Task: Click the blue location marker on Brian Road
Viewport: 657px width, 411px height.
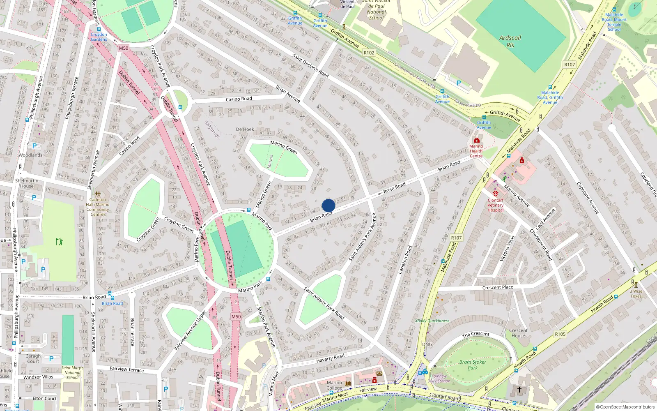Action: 328,205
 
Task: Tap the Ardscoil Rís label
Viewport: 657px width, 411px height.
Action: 510,42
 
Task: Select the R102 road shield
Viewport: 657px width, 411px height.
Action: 369,53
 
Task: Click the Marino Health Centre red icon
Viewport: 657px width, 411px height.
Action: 476,140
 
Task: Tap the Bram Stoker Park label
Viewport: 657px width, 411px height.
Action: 473,365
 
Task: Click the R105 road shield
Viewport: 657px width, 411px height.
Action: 560,334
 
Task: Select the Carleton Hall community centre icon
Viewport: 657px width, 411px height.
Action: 98,194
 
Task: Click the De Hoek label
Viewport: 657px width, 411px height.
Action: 245,129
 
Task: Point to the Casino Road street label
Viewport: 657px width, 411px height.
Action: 239,99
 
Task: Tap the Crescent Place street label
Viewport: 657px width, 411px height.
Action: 498,287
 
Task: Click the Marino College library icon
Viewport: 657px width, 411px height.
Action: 348,383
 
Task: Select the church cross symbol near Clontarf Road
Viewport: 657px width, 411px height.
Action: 519,389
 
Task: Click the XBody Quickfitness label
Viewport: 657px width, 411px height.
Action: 432,321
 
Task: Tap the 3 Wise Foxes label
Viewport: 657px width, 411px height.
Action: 636,293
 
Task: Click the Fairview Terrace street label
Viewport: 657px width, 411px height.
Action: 126,369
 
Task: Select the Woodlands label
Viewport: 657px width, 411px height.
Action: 30,155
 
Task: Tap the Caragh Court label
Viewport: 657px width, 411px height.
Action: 33,358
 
